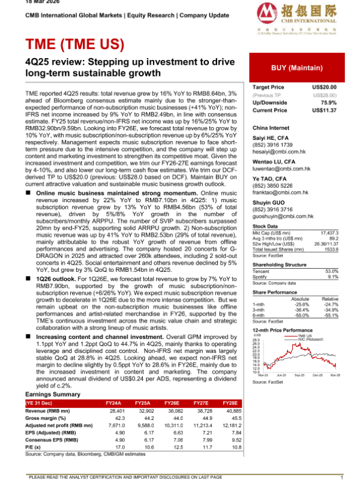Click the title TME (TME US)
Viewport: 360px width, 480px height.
(74, 46)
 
